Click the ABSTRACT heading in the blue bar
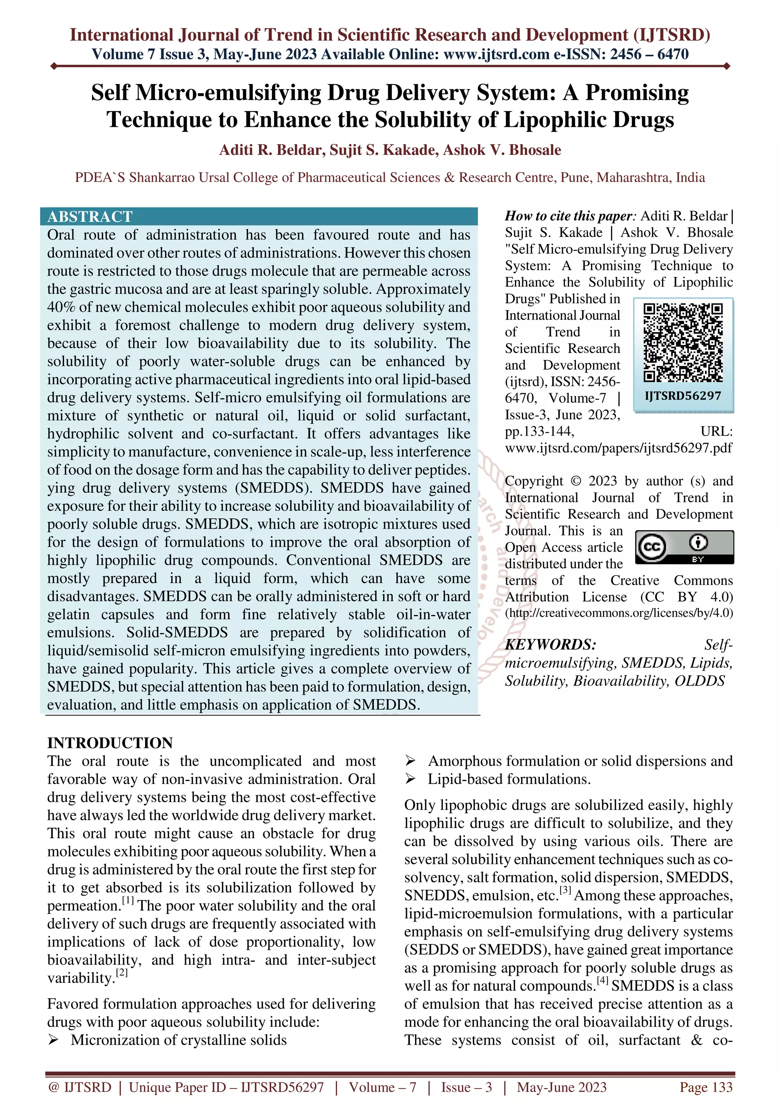coord(90,217)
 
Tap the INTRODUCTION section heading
coord(110,743)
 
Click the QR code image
coord(683,343)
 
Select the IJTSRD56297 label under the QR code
coord(683,396)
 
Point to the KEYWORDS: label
coord(550,645)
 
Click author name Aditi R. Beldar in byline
coord(272,150)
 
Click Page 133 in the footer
coord(705,1087)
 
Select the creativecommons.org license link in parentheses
coord(619,614)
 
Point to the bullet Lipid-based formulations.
coord(509,779)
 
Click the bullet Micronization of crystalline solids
coord(178,1040)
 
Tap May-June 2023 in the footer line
coord(561,1087)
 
